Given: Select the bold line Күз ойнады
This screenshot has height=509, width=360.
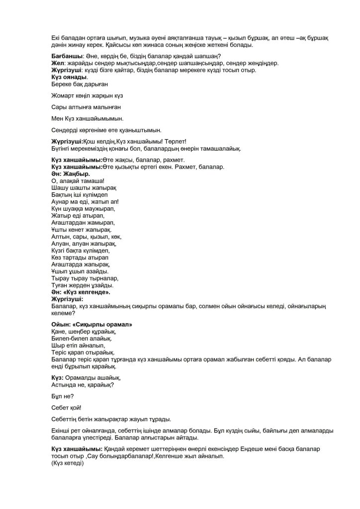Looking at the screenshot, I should pos(70,77).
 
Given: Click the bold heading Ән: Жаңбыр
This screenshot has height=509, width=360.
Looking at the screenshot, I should pos(71,174).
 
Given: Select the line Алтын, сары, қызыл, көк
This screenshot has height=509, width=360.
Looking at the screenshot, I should pos(86,237).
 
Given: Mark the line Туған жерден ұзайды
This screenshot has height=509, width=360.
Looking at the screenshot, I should pos(82,285).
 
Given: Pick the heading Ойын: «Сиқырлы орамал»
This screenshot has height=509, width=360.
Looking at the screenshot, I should pos(91,324).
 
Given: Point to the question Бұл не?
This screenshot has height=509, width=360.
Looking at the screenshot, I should pos(62,396).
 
